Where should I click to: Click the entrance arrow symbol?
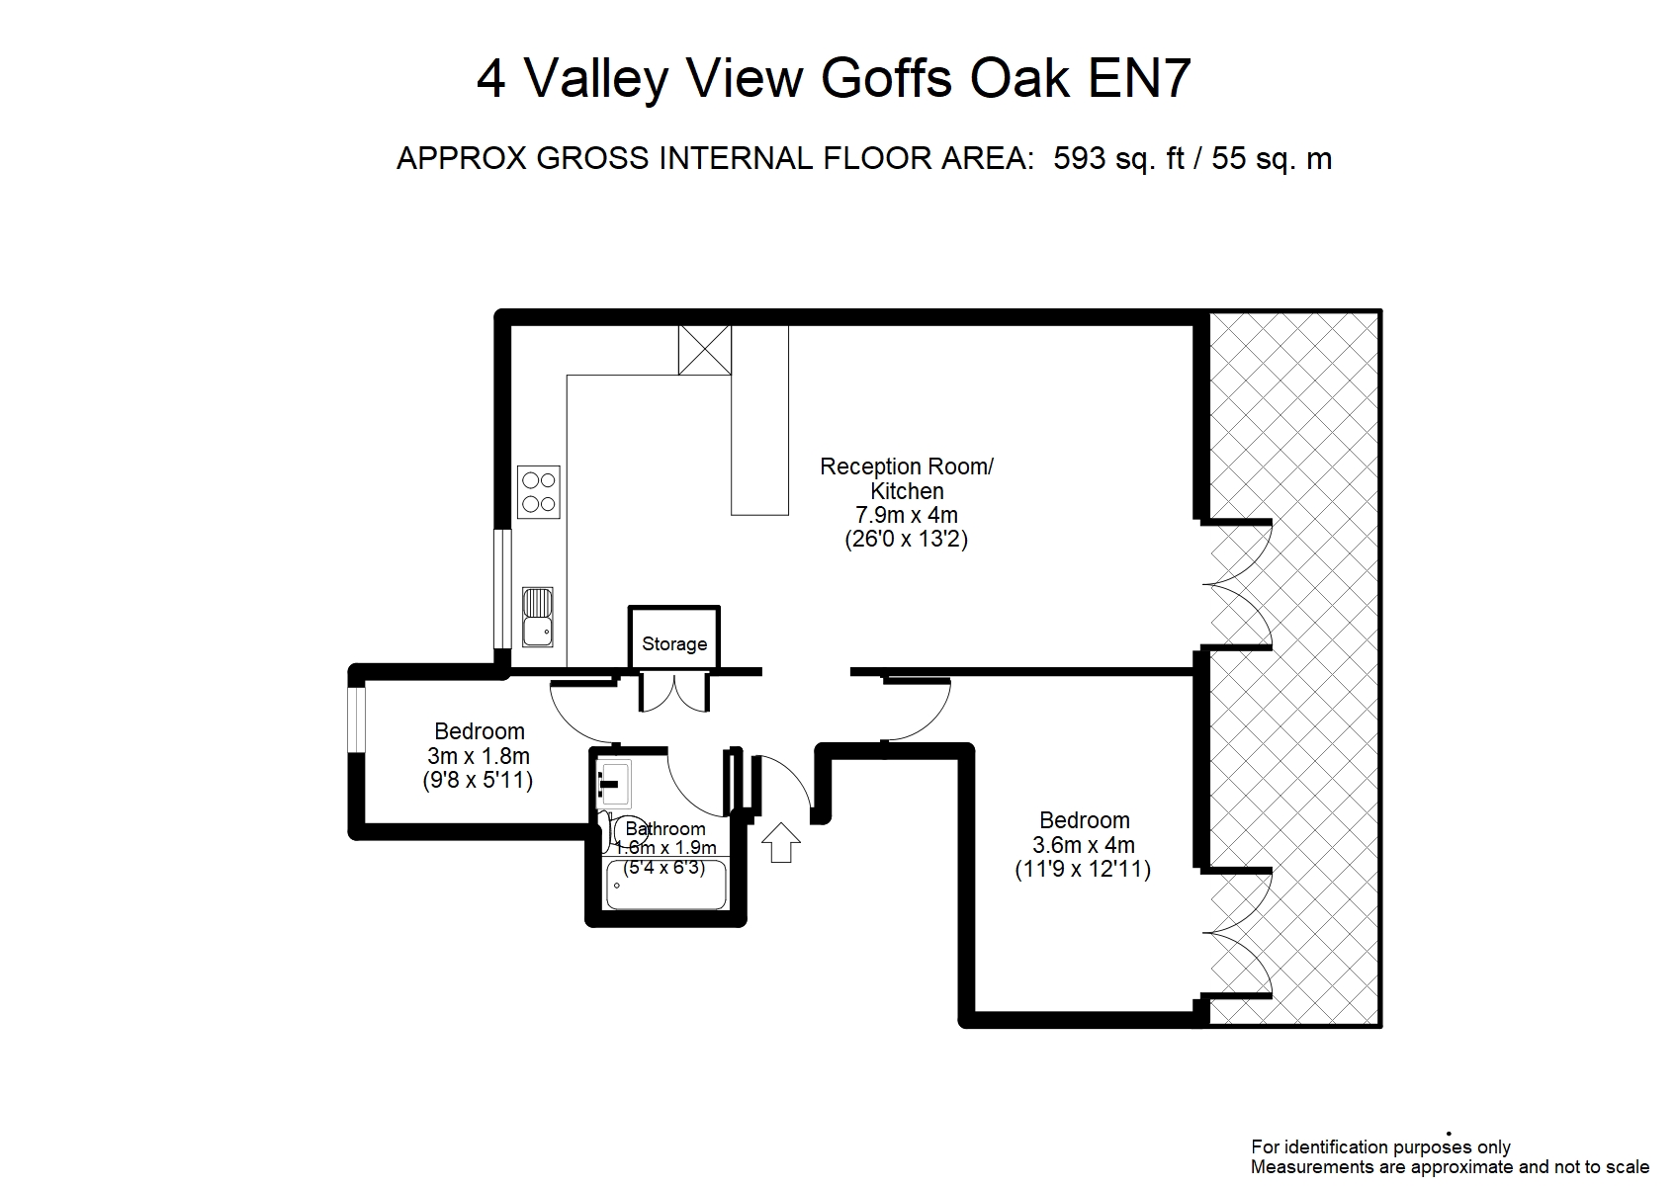781,842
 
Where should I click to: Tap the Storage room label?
674,643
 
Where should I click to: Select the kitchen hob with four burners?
538,491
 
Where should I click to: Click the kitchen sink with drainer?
538,617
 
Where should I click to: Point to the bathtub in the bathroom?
665,885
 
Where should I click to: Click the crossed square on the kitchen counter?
704,350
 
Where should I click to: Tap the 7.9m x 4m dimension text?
907,515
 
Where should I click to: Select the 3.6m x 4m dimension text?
1084,845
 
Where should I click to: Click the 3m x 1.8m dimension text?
479,756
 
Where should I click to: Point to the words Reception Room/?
907,466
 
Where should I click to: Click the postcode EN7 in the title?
1139,78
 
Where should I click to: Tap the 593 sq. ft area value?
1118,159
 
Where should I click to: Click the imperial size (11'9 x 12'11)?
1083,870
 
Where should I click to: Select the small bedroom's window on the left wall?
357,720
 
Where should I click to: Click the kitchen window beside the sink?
501,589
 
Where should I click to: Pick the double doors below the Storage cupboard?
673,692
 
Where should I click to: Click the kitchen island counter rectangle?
759,420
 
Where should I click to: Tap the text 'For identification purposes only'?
1380,1147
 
